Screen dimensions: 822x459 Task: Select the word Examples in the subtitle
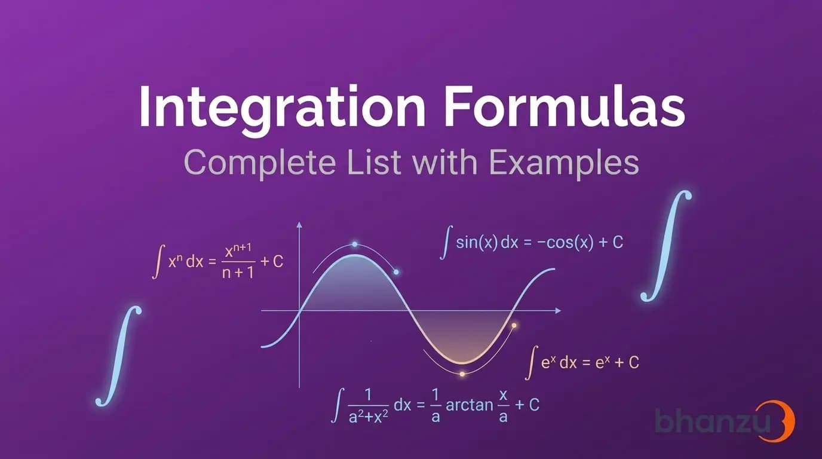coord(564,163)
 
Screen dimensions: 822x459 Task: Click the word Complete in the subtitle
coord(259,163)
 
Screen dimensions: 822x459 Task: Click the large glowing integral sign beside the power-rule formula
coord(119,356)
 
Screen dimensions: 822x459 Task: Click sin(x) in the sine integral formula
coord(477,243)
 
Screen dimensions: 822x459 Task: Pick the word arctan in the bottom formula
coord(470,405)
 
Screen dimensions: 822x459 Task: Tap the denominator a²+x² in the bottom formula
coord(368,418)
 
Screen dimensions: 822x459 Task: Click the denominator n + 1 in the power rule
coord(238,273)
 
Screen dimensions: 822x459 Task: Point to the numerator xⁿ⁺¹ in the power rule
coord(238,252)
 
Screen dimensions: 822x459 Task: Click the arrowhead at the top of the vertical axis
coord(299,224)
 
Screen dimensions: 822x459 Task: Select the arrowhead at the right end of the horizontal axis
coord(558,311)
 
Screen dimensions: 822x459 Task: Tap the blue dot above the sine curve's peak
coord(354,244)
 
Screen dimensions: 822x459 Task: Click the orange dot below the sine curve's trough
coord(462,374)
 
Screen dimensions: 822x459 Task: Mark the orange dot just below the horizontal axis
coord(514,325)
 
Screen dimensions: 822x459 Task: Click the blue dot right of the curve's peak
coord(396,272)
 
